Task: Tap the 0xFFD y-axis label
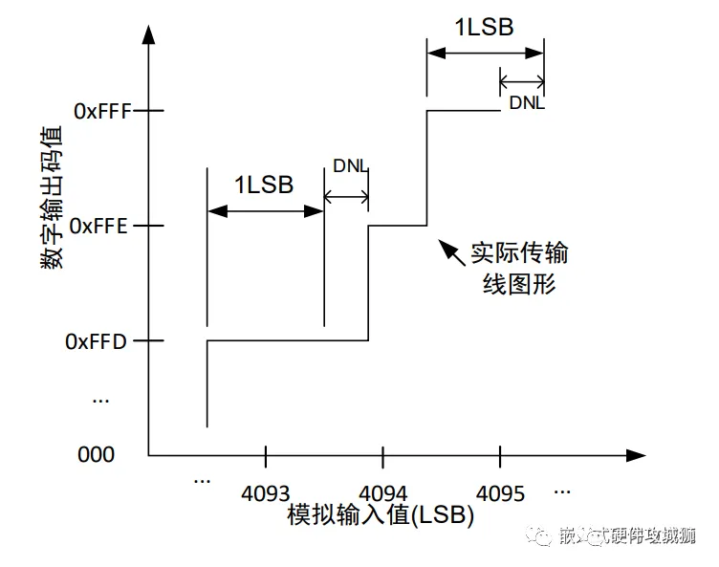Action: click(x=96, y=340)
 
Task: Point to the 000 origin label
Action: click(x=96, y=454)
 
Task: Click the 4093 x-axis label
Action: click(x=265, y=493)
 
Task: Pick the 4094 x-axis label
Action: click(x=382, y=493)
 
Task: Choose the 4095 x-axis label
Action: click(x=500, y=493)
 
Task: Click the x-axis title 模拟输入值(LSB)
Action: click(x=381, y=515)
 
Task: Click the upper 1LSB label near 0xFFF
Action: click(x=484, y=27)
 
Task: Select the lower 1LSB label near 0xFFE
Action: click(x=264, y=185)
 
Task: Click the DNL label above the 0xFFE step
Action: click(x=350, y=165)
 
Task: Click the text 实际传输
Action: click(x=519, y=254)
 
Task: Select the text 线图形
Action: click(x=517, y=284)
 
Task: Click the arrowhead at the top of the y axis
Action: click(x=148, y=35)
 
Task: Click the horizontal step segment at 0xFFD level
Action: click(x=287, y=340)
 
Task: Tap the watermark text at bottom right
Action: click(x=626, y=536)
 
